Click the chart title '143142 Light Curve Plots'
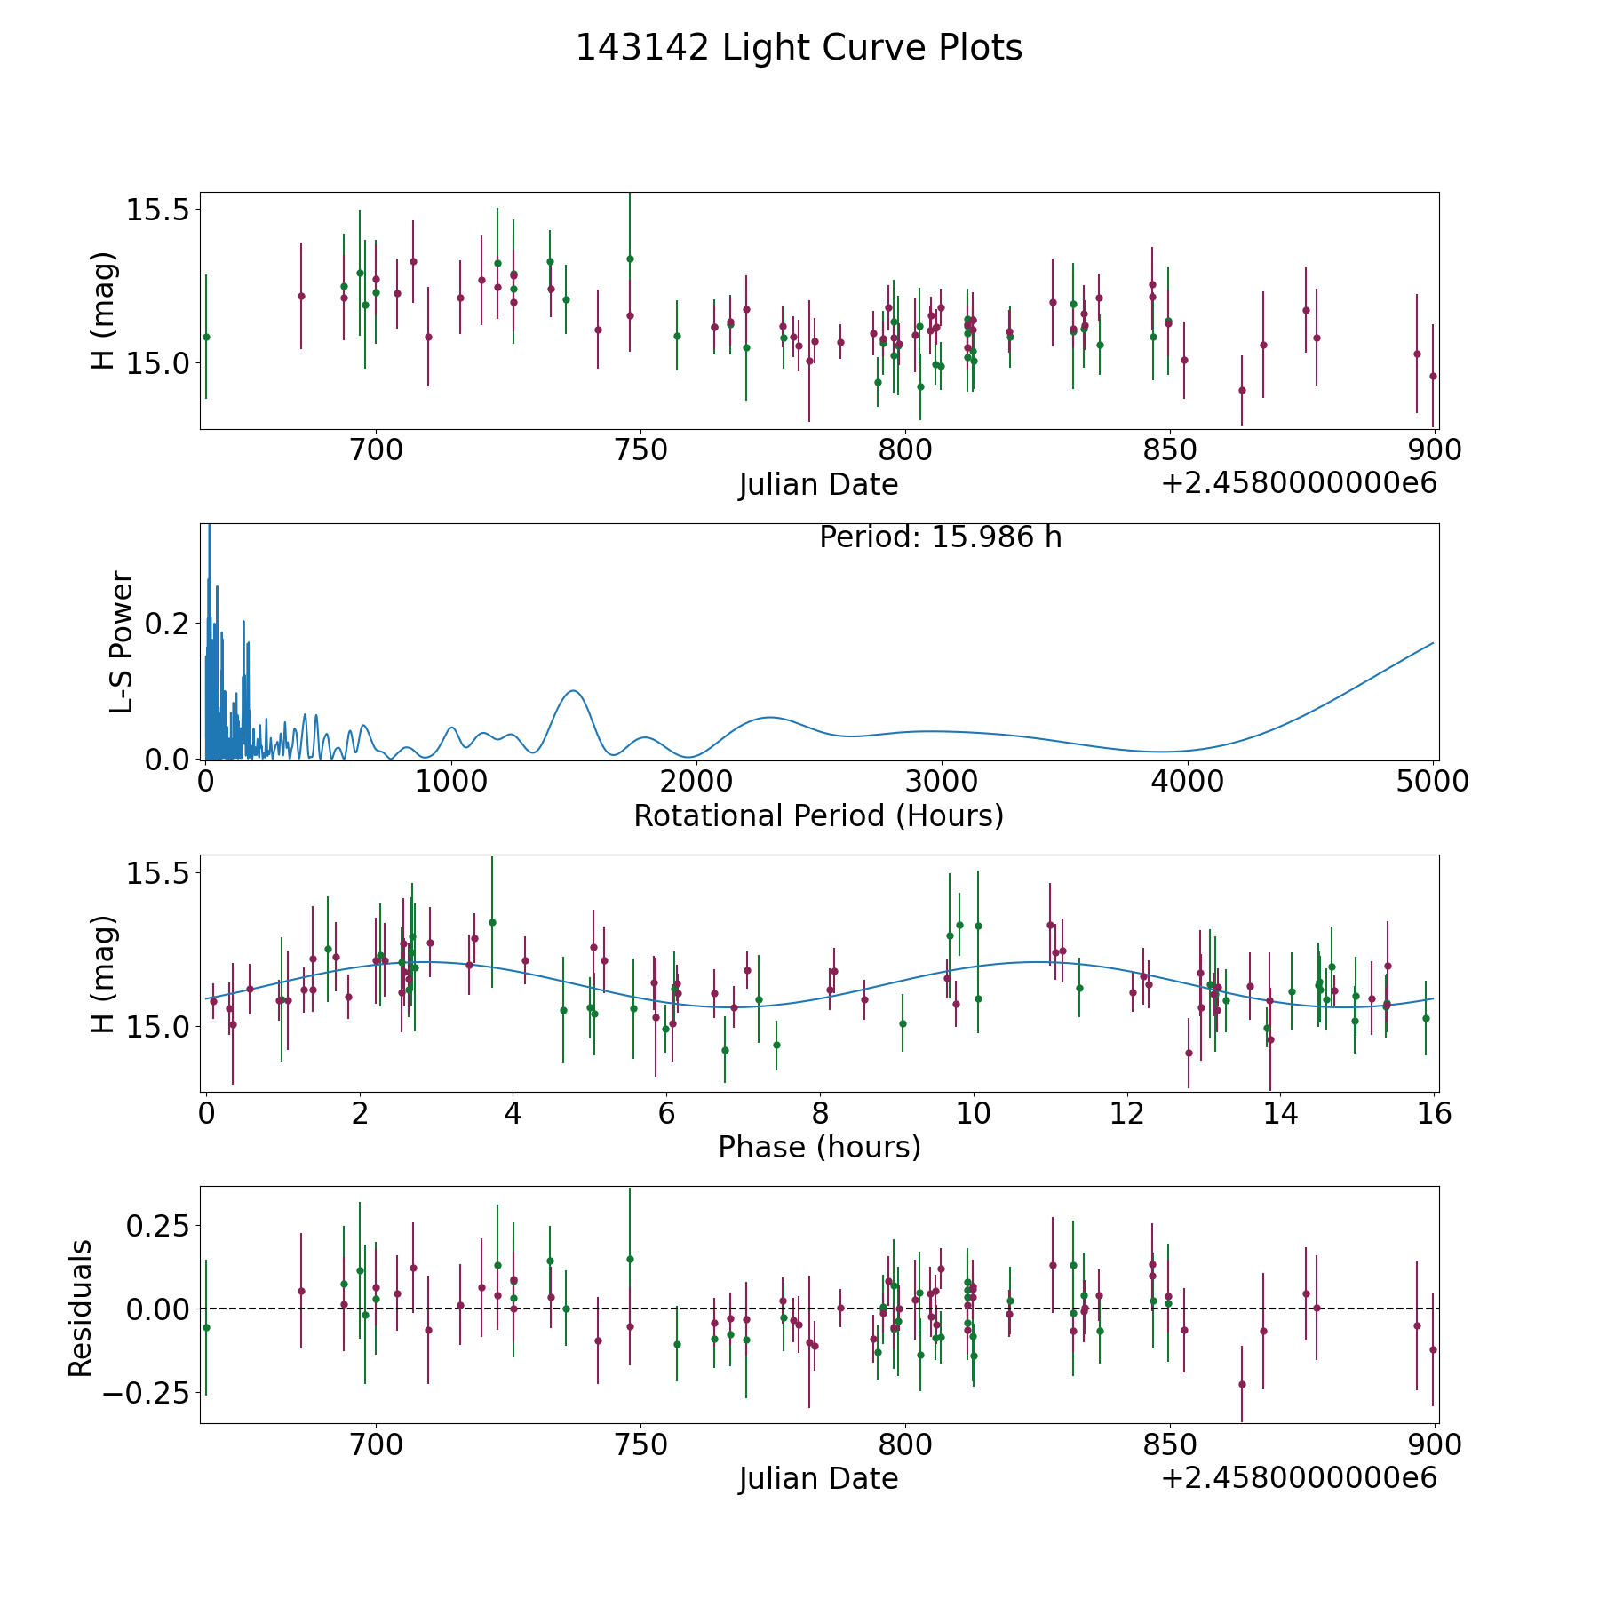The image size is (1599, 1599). (x=799, y=48)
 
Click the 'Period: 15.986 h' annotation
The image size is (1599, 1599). (x=941, y=537)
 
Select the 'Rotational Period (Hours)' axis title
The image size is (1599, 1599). (x=818, y=815)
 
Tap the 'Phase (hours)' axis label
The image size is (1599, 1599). (x=819, y=1147)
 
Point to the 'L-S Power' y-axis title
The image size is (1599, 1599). (x=122, y=641)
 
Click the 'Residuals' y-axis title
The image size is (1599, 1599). (x=81, y=1308)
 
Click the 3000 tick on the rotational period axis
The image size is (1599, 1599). (x=941, y=781)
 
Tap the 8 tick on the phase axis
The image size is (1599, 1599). (x=820, y=1113)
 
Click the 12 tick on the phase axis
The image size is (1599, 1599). (x=1127, y=1113)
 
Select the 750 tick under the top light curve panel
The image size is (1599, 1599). (x=640, y=450)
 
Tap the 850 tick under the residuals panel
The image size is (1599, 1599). (x=1169, y=1445)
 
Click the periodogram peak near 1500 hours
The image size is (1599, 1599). (x=574, y=690)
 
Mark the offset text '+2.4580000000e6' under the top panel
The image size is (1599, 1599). (x=1299, y=484)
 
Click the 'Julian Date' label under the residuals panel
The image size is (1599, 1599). (x=818, y=1479)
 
